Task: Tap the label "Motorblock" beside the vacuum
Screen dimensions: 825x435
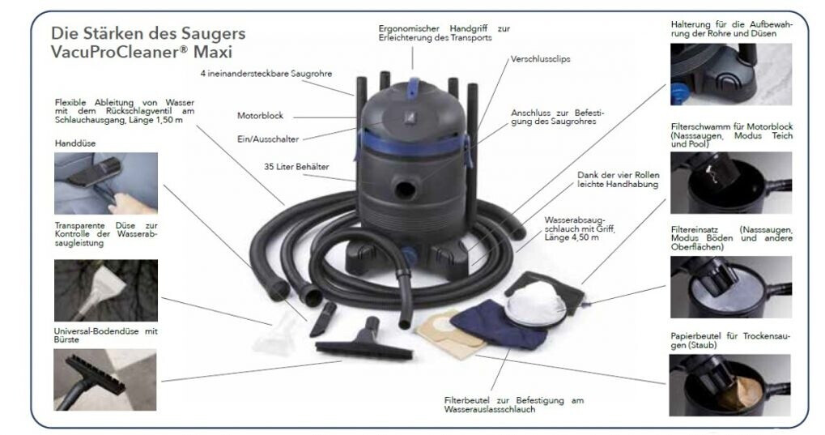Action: pos(259,116)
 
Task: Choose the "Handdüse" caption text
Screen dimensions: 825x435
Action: pos(72,143)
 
